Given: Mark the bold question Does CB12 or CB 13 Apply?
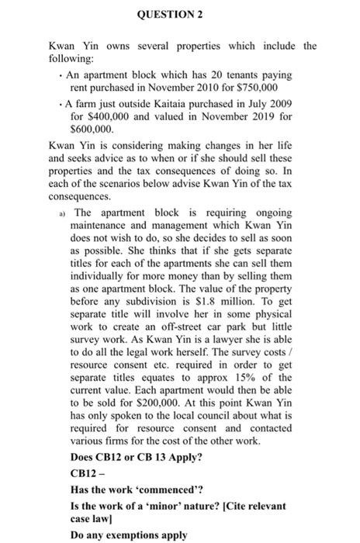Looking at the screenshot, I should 137,457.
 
